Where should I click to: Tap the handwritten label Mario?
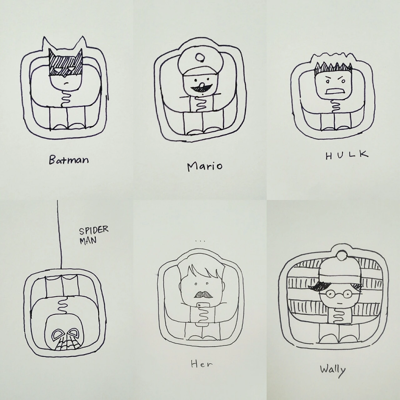204,166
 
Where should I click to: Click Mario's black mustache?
201,88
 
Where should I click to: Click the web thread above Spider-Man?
60,234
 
